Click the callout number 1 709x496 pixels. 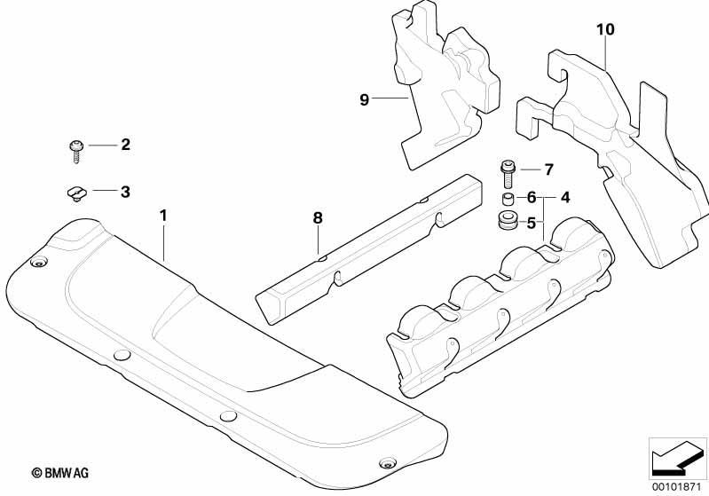point(163,216)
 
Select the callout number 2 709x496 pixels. point(125,145)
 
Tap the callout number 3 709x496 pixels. point(125,192)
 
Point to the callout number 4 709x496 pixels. point(565,198)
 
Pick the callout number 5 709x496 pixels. point(532,223)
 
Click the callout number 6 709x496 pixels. point(532,198)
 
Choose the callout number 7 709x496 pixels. point(549,169)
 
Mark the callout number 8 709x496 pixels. point(318,218)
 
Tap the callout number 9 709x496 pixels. point(365,99)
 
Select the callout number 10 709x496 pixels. point(605,30)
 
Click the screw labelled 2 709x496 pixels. point(76,152)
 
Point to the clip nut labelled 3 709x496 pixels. point(76,193)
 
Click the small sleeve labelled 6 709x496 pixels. point(508,199)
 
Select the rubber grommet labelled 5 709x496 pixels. point(508,221)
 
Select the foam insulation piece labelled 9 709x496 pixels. point(445,83)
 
